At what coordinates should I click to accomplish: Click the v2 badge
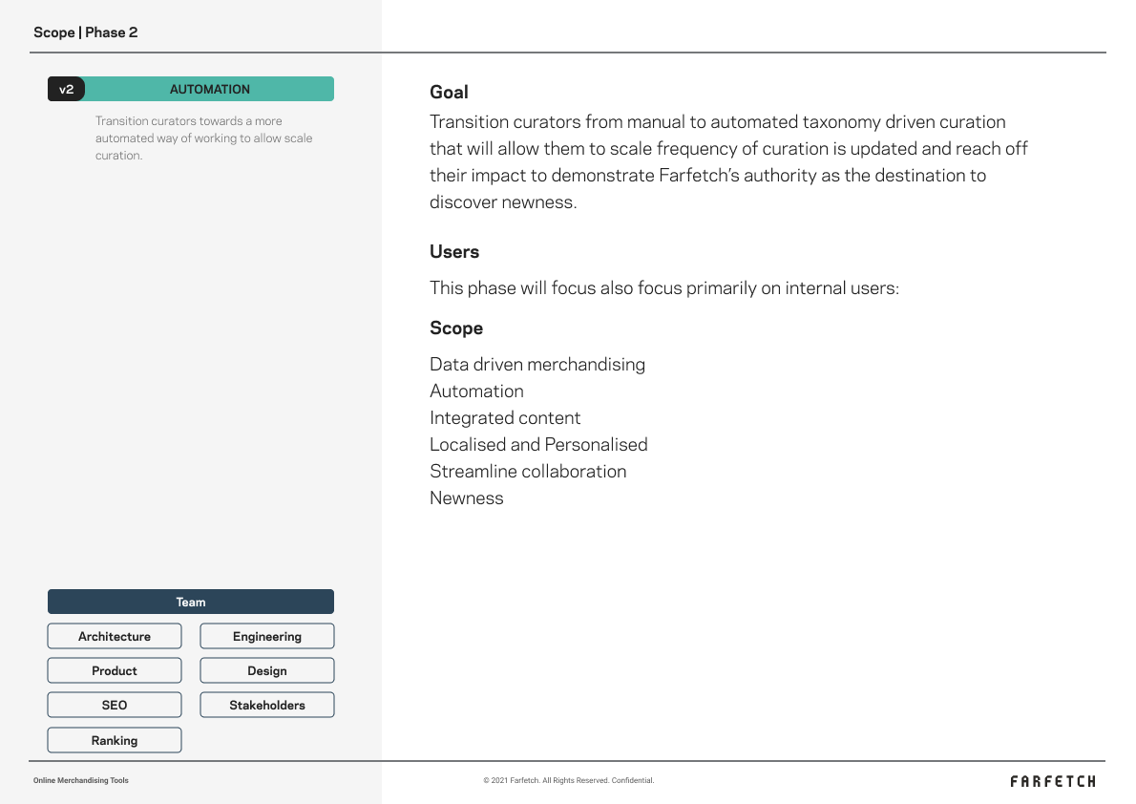point(66,89)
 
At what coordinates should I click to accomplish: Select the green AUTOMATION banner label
point(210,89)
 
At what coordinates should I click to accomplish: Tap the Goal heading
point(449,92)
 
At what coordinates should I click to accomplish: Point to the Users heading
point(454,252)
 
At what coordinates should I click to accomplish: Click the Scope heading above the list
point(456,328)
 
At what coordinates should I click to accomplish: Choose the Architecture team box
point(115,636)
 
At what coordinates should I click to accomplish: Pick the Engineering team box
point(267,636)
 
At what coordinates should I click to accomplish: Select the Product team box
point(115,670)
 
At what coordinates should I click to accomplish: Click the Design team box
point(267,670)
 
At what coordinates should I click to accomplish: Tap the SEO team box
point(115,705)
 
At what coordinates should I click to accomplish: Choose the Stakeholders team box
point(267,705)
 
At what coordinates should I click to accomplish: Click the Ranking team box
point(115,740)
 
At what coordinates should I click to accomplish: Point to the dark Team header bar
point(191,602)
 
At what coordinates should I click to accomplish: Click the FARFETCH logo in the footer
point(1053,781)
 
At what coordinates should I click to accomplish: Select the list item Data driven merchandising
point(537,365)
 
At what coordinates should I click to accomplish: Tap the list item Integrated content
point(505,418)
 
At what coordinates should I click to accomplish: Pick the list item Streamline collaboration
point(528,472)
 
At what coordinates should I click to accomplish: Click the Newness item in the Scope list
point(467,498)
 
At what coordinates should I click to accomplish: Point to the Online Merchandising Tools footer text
point(81,780)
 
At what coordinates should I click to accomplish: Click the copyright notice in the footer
point(569,780)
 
